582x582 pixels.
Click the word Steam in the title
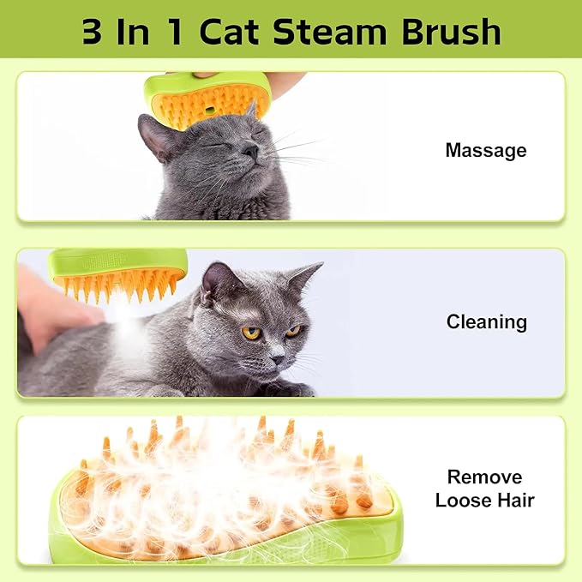coord(330,32)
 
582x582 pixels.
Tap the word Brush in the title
coord(452,32)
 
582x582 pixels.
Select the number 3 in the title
coord(92,32)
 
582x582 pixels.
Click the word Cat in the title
coord(229,32)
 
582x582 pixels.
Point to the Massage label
coord(486,151)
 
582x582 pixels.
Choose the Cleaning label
coord(487,321)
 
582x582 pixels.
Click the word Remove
coord(484,477)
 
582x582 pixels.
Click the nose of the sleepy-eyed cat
coord(251,150)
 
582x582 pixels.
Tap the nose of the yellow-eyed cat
coord(277,358)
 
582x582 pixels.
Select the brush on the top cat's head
coord(207,99)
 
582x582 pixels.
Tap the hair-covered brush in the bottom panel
coord(225,494)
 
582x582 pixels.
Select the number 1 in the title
coord(175,32)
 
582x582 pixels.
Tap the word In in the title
coord(133,32)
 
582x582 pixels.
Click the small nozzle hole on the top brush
coord(210,111)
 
